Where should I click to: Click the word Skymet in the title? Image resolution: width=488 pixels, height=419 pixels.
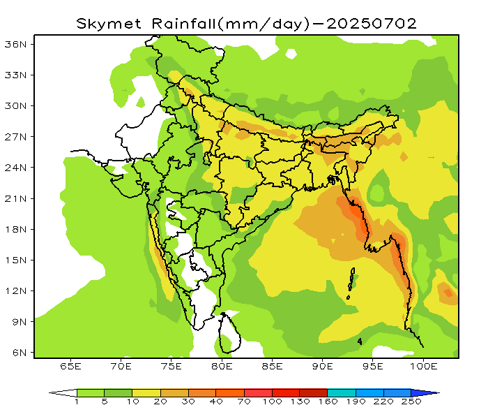(x=105, y=23)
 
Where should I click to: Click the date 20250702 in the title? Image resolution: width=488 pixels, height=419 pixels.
(x=372, y=23)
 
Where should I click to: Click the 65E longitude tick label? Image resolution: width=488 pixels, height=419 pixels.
(x=71, y=366)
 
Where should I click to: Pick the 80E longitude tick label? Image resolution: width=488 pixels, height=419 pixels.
(x=222, y=366)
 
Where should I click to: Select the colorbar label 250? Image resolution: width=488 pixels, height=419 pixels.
(x=411, y=402)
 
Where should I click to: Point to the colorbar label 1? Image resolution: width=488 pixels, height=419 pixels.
(x=77, y=402)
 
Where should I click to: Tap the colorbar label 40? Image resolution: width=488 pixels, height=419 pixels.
(x=216, y=402)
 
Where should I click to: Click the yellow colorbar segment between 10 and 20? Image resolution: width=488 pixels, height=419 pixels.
(x=146, y=392)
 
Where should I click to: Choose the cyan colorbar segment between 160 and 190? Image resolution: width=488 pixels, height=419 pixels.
(x=342, y=392)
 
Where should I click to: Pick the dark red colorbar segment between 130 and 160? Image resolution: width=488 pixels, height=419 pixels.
(x=314, y=392)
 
